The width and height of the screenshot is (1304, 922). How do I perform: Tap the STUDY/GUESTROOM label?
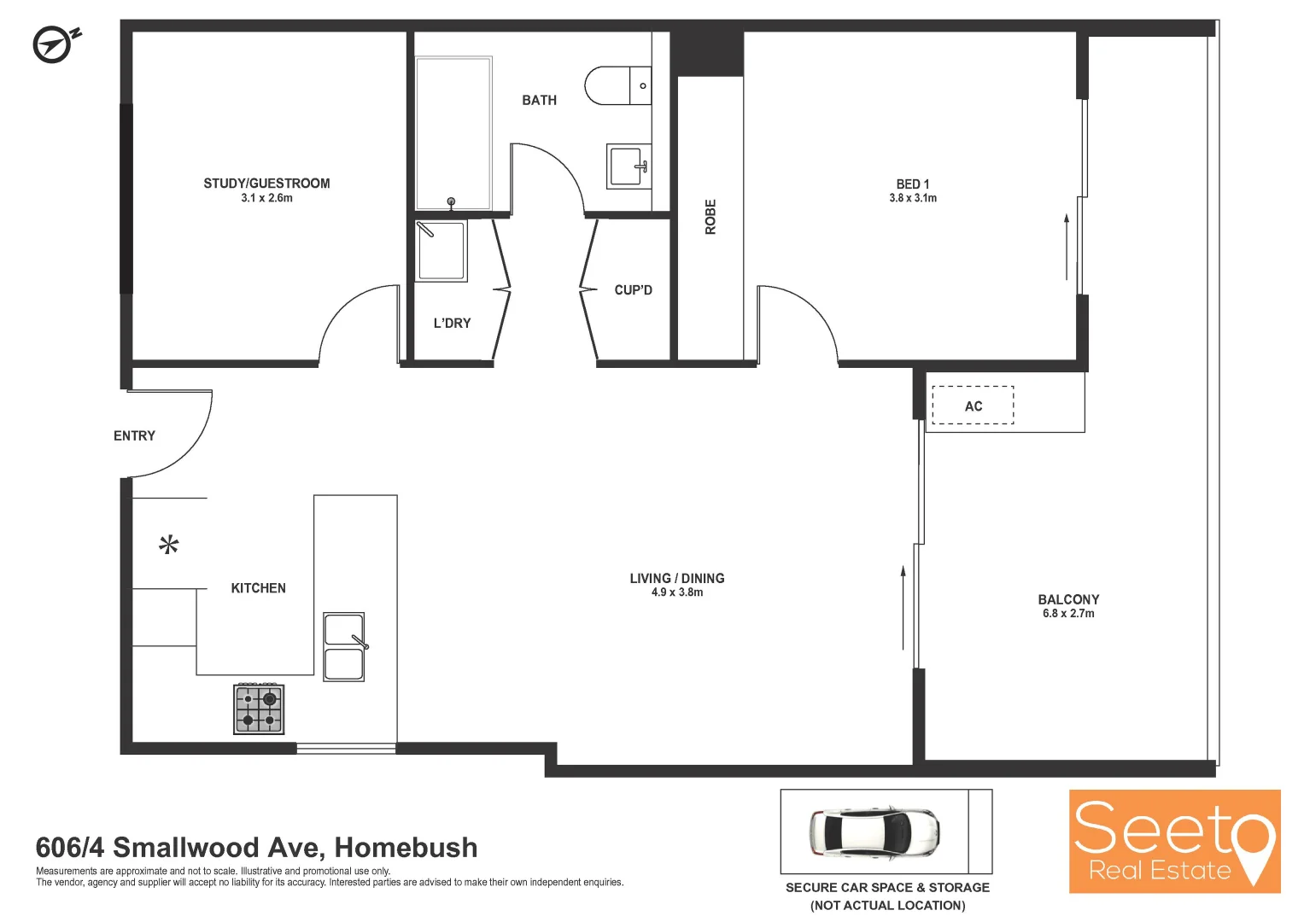266,184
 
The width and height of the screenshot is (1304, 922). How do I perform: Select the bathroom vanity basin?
628,165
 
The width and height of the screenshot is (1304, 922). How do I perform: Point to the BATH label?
539,101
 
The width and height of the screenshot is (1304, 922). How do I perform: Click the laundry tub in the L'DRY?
441,250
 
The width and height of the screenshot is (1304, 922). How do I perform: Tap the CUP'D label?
633,290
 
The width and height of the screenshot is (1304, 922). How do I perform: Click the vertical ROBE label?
710,217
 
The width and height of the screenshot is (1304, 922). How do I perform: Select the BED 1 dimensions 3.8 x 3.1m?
913,198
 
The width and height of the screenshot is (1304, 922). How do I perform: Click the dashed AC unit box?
973,406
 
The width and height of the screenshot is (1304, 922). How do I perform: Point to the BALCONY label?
1068,599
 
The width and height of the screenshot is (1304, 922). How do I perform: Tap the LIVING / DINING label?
677,578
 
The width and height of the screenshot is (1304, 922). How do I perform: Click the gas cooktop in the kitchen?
259,709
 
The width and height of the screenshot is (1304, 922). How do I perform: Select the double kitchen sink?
344,646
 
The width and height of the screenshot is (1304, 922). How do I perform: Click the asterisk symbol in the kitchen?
169,544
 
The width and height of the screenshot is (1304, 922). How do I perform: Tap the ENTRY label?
134,435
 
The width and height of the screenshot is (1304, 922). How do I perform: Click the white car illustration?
874,832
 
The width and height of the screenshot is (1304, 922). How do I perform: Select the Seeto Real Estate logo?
1174,841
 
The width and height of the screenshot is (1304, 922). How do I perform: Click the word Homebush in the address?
406,848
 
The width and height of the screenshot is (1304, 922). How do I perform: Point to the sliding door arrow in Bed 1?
1067,248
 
